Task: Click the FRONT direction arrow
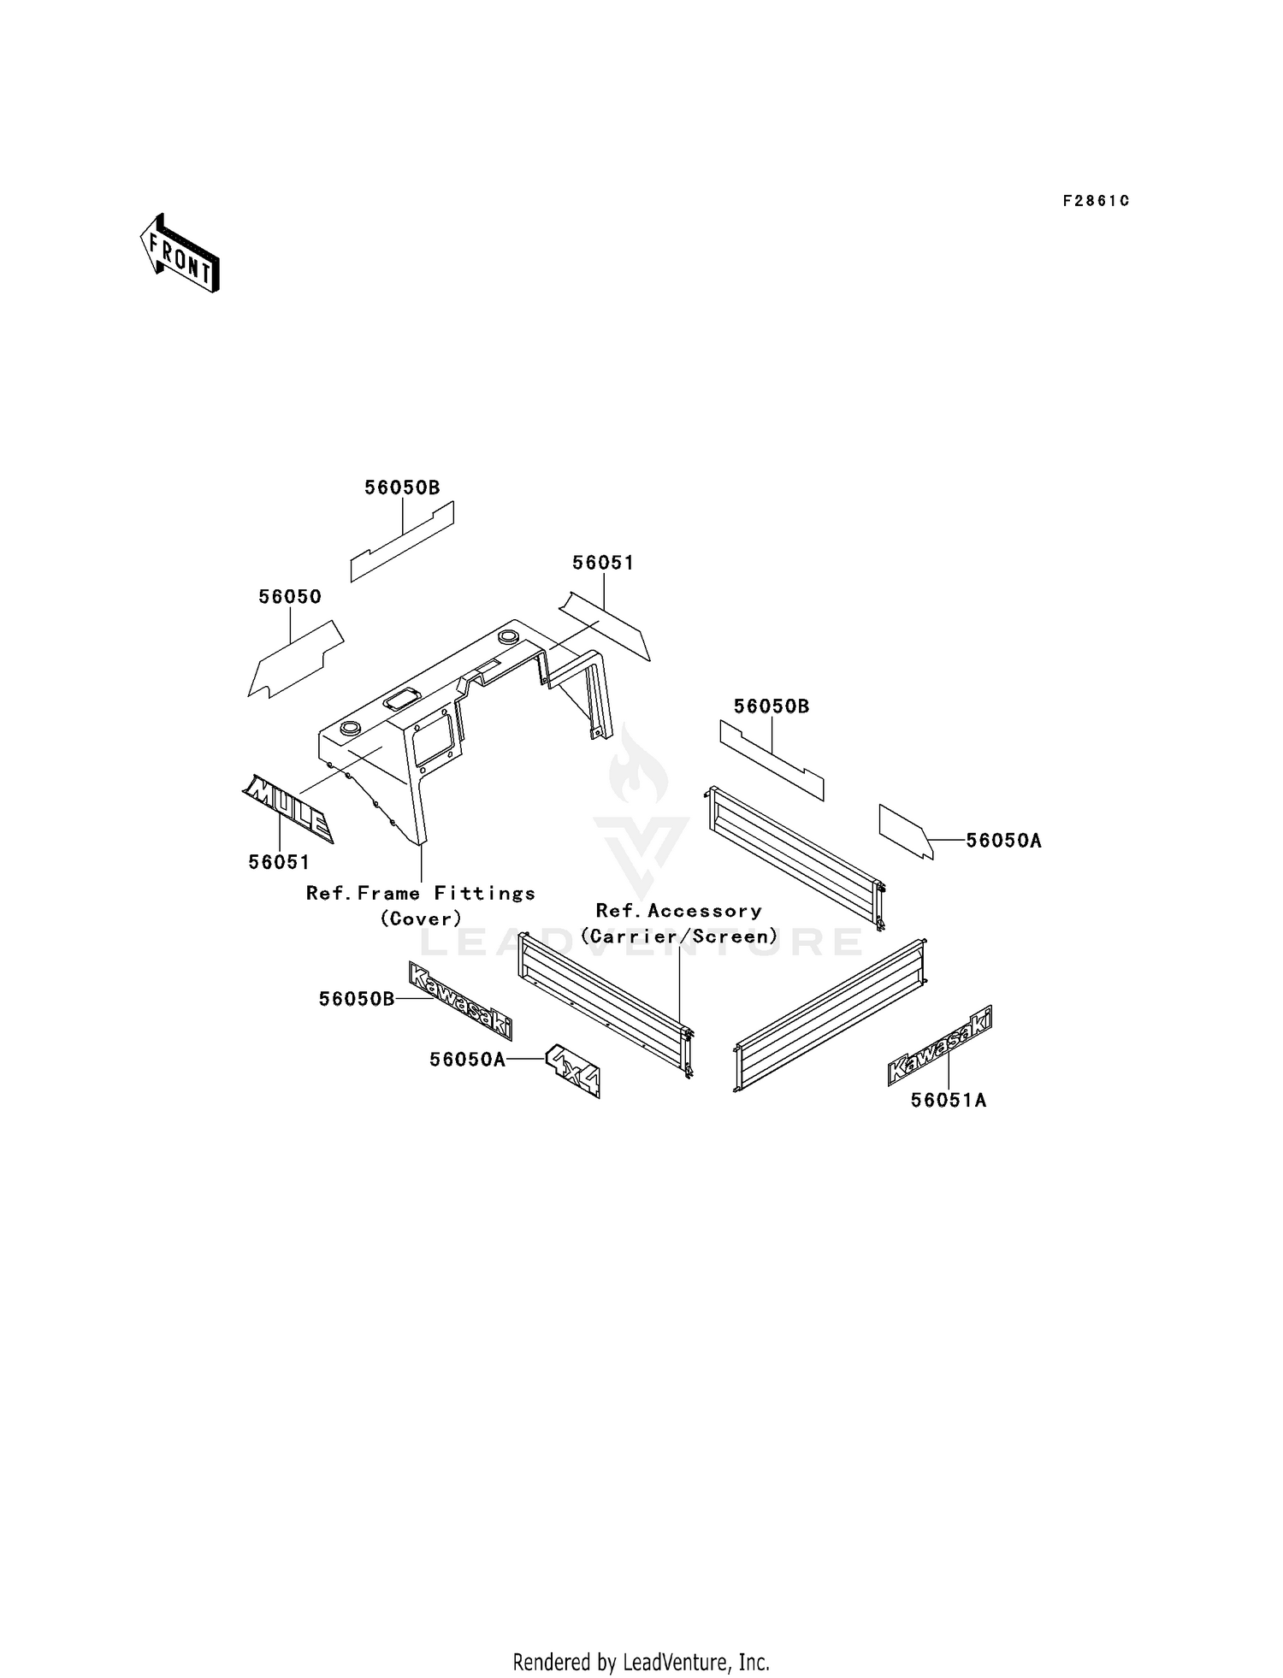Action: pyautogui.click(x=180, y=253)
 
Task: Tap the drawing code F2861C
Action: pyautogui.click(x=1096, y=201)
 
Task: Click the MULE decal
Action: pyautogui.click(x=288, y=809)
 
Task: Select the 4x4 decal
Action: pyautogui.click(x=574, y=1070)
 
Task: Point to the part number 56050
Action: pyautogui.click(x=290, y=596)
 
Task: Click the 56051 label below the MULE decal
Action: pyautogui.click(x=279, y=862)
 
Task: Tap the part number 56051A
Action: pyautogui.click(x=949, y=1100)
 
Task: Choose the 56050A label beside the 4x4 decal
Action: pyautogui.click(x=467, y=1060)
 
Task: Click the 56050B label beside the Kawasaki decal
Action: pyautogui.click(x=357, y=999)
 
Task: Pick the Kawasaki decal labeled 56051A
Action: pyautogui.click(x=940, y=1046)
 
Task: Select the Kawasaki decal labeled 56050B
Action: pyautogui.click(x=460, y=1001)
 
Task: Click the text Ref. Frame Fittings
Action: pyautogui.click(x=421, y=893)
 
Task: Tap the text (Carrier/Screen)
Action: pyautogui.click(x=679, y=936)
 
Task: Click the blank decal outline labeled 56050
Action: pyautogui.click(x=296, y=659)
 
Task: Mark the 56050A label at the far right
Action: pyautogui.click(x=1003, y=841)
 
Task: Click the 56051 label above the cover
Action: pyautogui.click(x=603, y=563)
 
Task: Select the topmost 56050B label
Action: pyautogui.click(x=402, y=487)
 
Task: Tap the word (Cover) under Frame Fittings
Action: pyautogui.click(x=421, y=919)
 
